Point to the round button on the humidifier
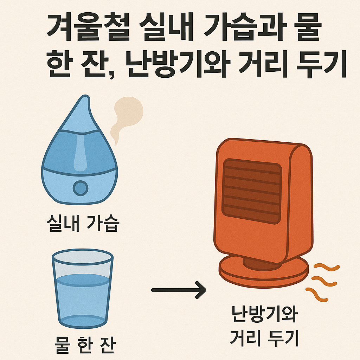click(x=81, y=188)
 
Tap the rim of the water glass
click(x=82, y=256)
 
